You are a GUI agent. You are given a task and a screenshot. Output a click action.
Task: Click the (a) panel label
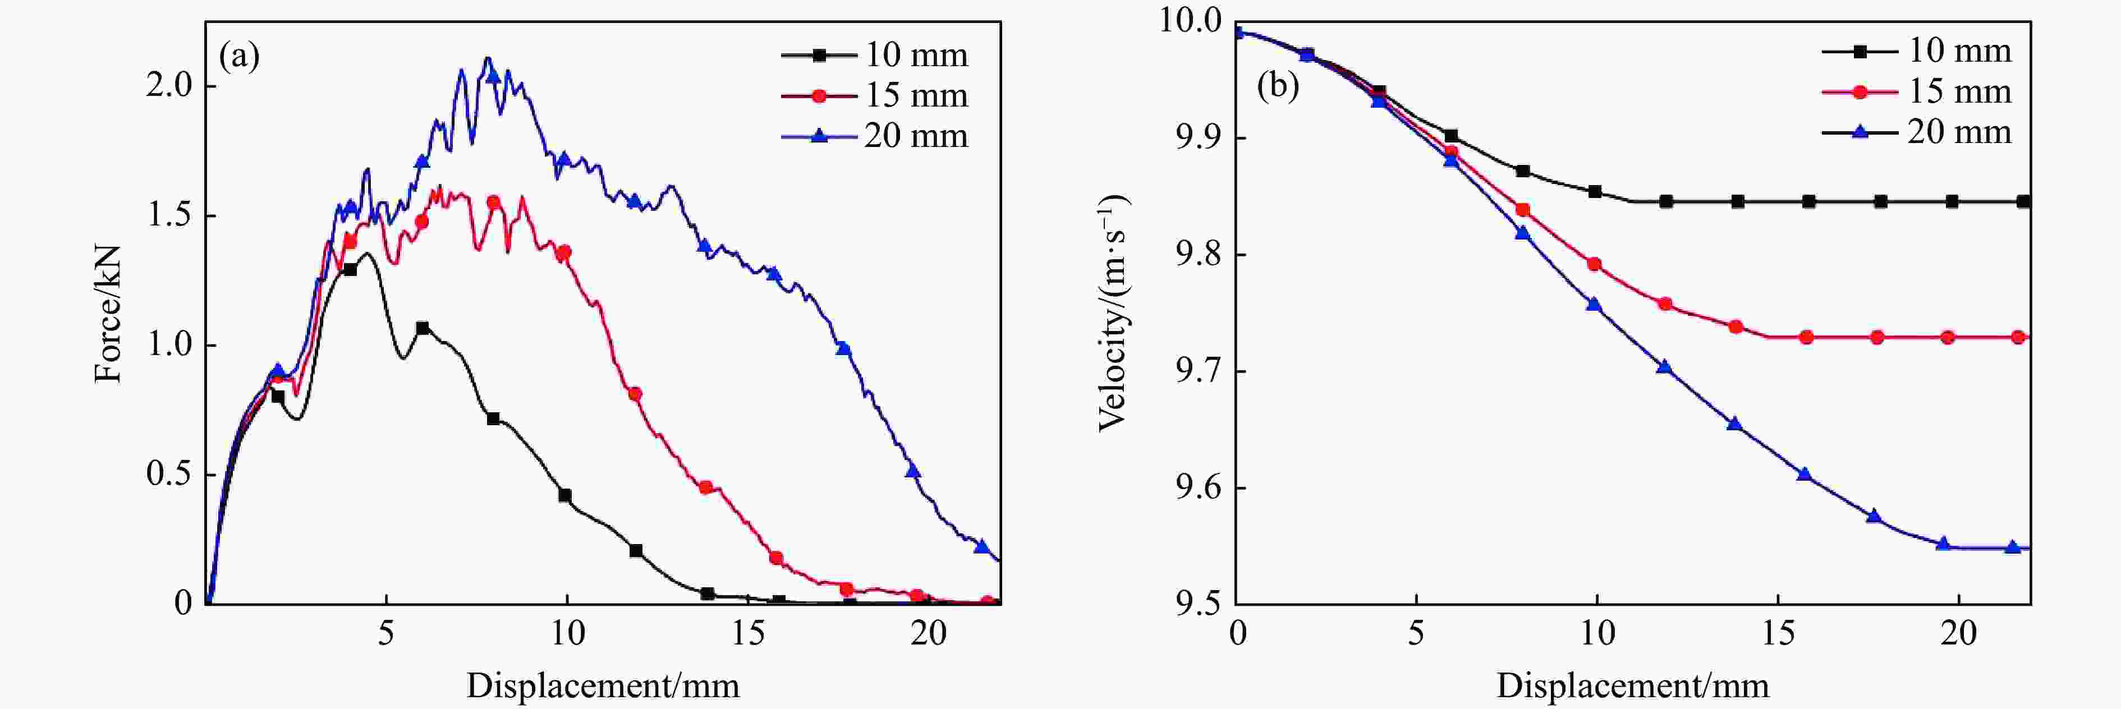pyautogui.click(x=239, y=56)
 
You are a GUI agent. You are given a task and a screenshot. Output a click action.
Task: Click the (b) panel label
pyautogui.click(x=1277, y=84)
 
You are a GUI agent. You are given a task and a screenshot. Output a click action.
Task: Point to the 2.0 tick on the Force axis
pyautogui.click(x=169, y=86)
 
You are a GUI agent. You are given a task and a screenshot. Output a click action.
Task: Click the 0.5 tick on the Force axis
pyautogui.click(x=169, y=475)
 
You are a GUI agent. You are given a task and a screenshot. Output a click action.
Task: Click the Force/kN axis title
pyautogui.click(x=108, y=314)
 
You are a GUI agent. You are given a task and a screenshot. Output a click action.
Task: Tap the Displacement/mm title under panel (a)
pyautogui.click(x=603, y=685)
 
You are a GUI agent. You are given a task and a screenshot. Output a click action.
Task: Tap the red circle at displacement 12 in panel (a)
pyautogui.click(x=635, y=394)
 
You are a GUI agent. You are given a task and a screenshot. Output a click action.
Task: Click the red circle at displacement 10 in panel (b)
pyautogui.click(x=1595, y=264)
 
